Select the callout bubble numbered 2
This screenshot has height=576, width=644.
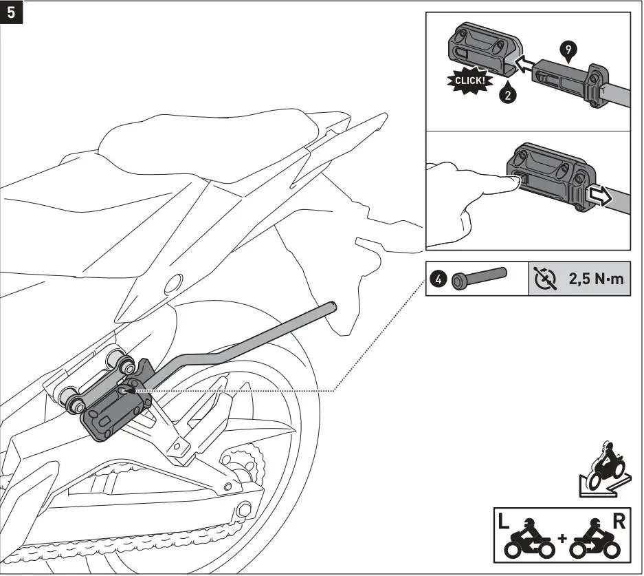click(x=507, y=96)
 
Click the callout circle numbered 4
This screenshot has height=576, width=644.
click(x=438, y=280)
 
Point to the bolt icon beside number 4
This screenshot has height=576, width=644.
click(x=479, y=279)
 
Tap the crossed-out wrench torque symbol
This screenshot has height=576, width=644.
click(x=546, y=279)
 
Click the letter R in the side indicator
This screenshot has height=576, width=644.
click(x=619, y=522)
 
